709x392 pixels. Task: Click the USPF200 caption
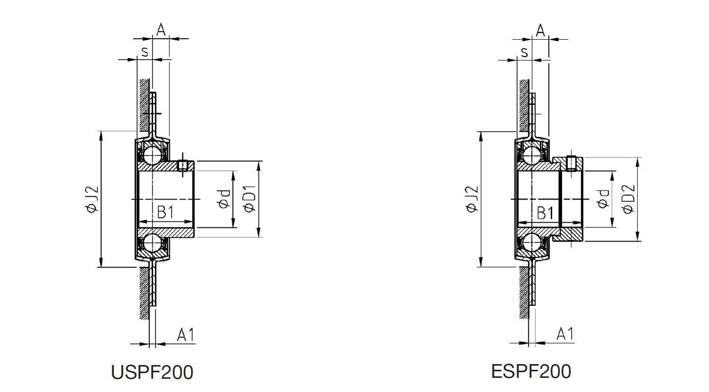click(152, 372)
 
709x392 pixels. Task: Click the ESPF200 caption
click(531, 371)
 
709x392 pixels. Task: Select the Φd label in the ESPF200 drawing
click(603, 199)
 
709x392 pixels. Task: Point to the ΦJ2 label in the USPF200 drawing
click(92, 199)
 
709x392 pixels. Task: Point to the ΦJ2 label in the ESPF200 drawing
click(472, 199)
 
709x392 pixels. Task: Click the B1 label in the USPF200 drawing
click(165, 212)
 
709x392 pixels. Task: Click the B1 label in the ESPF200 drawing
click(545, 213)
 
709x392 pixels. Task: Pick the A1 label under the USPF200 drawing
click(186, 335)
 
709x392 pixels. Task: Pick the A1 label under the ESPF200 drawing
click(565, 334)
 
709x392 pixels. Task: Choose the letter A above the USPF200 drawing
click(161, 30)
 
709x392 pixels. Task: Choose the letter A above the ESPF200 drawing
click(541, 31)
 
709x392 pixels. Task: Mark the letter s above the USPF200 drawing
click(144, 51)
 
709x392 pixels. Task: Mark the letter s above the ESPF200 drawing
click(524, 52)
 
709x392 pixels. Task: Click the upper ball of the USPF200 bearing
click(152, 155)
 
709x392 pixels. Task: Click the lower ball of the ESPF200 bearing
click(532, 243)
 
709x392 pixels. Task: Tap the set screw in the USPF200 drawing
click(183, 165)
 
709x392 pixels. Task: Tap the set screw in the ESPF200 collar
click(571, 163)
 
